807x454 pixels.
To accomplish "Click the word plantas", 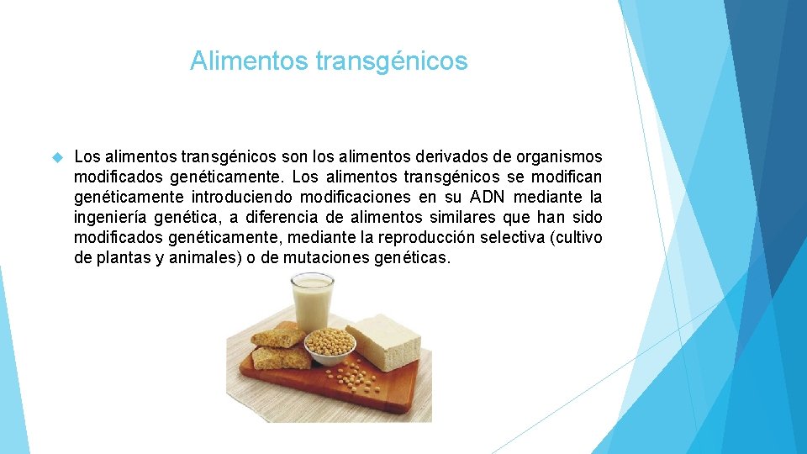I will click(x=123, y=258).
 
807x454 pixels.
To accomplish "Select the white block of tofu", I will click(x=382, y=340).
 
